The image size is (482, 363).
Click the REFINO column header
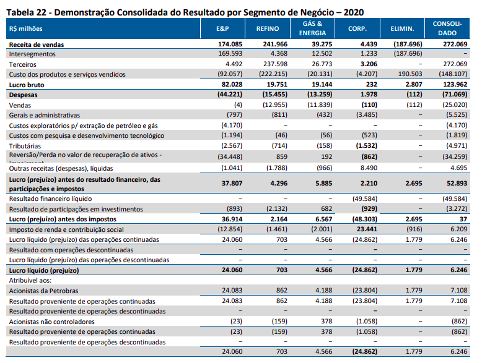tap(266, 28)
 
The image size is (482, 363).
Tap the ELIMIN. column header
tap(402, 28)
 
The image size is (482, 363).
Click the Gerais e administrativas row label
tap(44, 115)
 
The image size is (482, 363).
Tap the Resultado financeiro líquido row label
tap(50, 199)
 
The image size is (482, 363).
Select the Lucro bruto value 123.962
tap(454, 84)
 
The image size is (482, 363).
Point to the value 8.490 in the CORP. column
tap(367, 168)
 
